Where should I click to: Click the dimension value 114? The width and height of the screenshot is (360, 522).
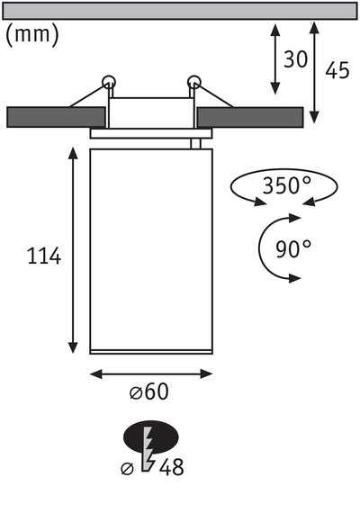[43, 256]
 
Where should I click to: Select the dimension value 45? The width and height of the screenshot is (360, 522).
[337, 70]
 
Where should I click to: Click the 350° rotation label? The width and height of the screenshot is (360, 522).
[286, 186]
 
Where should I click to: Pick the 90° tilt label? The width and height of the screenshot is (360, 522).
[293, 248]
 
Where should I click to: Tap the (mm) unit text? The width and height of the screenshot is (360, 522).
[31, 36]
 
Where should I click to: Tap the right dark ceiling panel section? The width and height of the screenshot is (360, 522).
[249, 117]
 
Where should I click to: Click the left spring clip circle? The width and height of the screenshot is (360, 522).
[109, 82]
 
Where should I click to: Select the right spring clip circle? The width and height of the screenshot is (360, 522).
[193, 82]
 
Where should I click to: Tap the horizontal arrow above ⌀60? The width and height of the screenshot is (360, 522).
[150, 373]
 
